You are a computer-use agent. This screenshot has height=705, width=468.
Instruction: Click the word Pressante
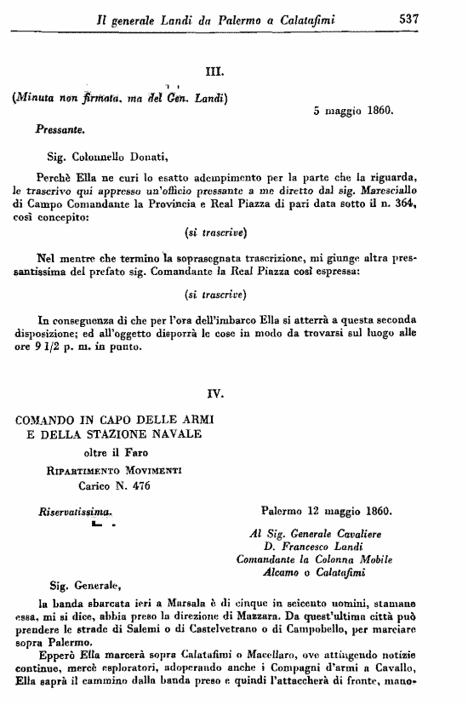tap(59, 131)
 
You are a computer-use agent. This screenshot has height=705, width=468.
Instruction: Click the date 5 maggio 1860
tap(352, 111)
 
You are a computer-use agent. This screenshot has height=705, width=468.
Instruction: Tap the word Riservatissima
tap(75, 513)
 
